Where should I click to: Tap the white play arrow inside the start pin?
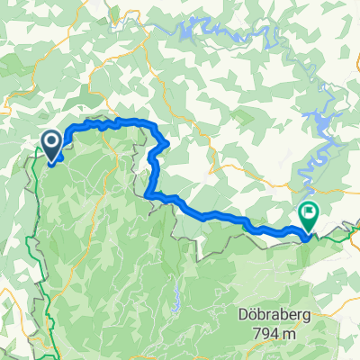pyautogui.click(x=51, y=142)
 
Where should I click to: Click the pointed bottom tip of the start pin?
pyautogui.click(x=51, y=163)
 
